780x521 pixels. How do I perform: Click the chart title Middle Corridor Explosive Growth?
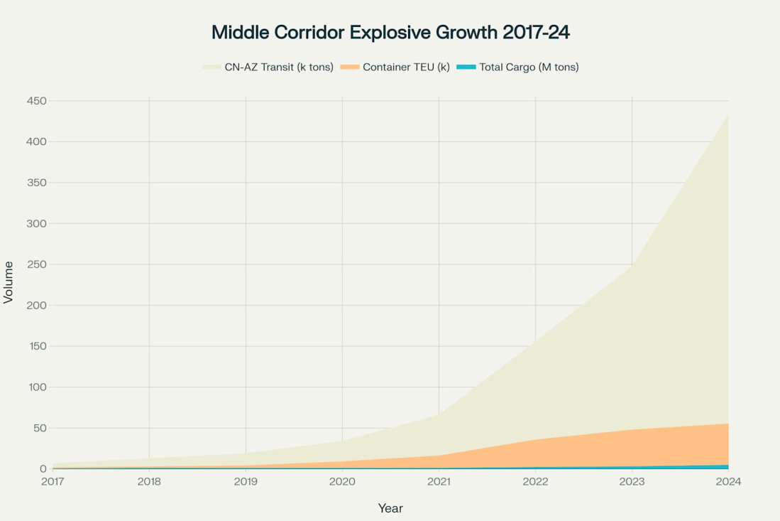tap(390, 33)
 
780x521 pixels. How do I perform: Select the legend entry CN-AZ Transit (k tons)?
tap(279, 68)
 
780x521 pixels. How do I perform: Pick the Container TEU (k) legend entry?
tap(406, 68)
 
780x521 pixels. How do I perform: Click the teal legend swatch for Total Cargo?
tap(466, 68)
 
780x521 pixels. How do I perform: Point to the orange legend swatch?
tap(350, 68)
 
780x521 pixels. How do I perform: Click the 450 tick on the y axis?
tap(37, 101)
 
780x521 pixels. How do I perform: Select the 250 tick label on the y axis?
tap(37, 264)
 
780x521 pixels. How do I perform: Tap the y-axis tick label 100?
tap(37, 387)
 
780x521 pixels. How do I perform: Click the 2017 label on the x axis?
tap(53, 482)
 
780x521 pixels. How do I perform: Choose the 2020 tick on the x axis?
tap(342, 482)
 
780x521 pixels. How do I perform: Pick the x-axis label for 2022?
tap(535, 482)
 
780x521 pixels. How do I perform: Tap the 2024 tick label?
tap(728, 482)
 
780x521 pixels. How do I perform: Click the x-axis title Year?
tap(390, 508)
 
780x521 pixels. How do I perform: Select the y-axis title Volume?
tap(9, 282)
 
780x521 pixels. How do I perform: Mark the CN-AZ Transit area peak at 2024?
tap(728, 115)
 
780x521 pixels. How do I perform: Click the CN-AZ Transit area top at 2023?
tap(632, 264)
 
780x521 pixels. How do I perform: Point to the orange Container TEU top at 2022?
tap(535, 439)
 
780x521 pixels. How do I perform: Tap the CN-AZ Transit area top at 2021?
tap(439, 415)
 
